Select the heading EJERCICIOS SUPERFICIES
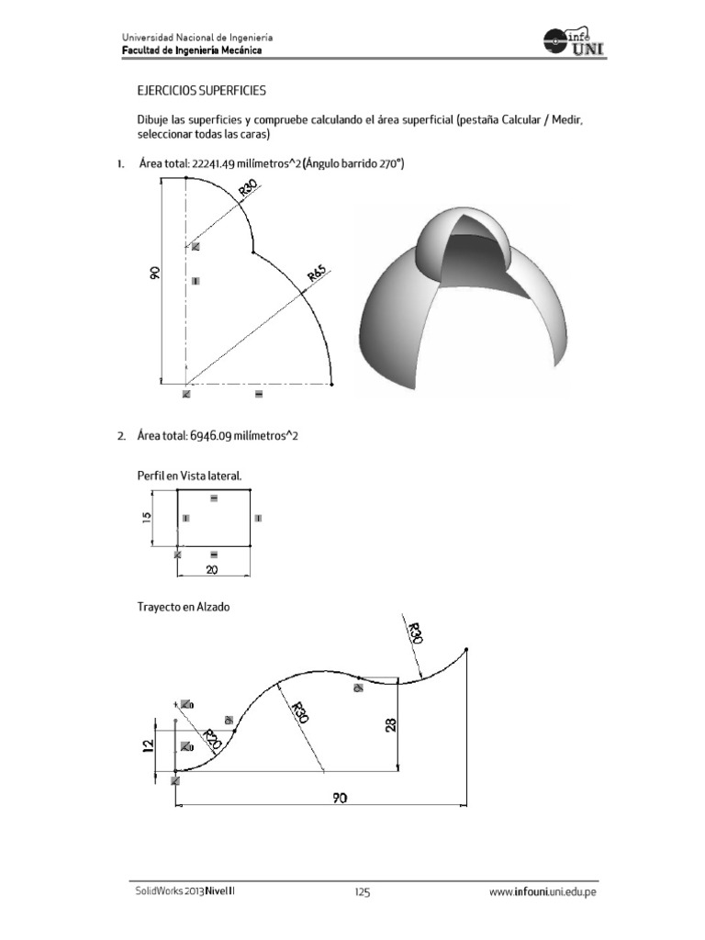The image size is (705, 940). [x=201, y=92]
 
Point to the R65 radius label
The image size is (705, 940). [x=318, y=274]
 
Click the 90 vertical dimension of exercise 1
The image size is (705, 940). [x=155, y=273]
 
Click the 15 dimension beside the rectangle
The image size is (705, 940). [x=147, y=519]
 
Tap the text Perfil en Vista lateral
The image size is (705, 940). [x=189, y=476]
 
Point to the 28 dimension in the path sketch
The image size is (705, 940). [x=389, y=726]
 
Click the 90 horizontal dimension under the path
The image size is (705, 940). [x=341, y=799]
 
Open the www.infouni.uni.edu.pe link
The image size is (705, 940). [x=543, y=891]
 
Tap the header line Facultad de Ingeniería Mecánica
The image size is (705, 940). [x=192, y=50]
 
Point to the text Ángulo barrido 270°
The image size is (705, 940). [x=354, y=164]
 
